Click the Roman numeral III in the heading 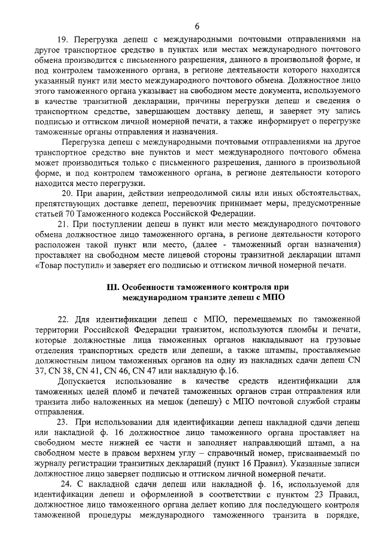(x=112, y=286)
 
